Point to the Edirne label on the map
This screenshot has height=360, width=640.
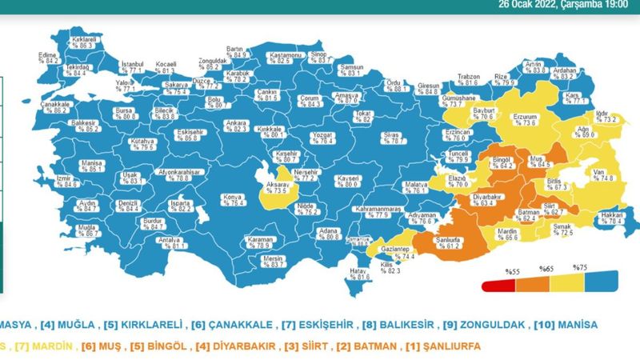pos(49,57)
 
